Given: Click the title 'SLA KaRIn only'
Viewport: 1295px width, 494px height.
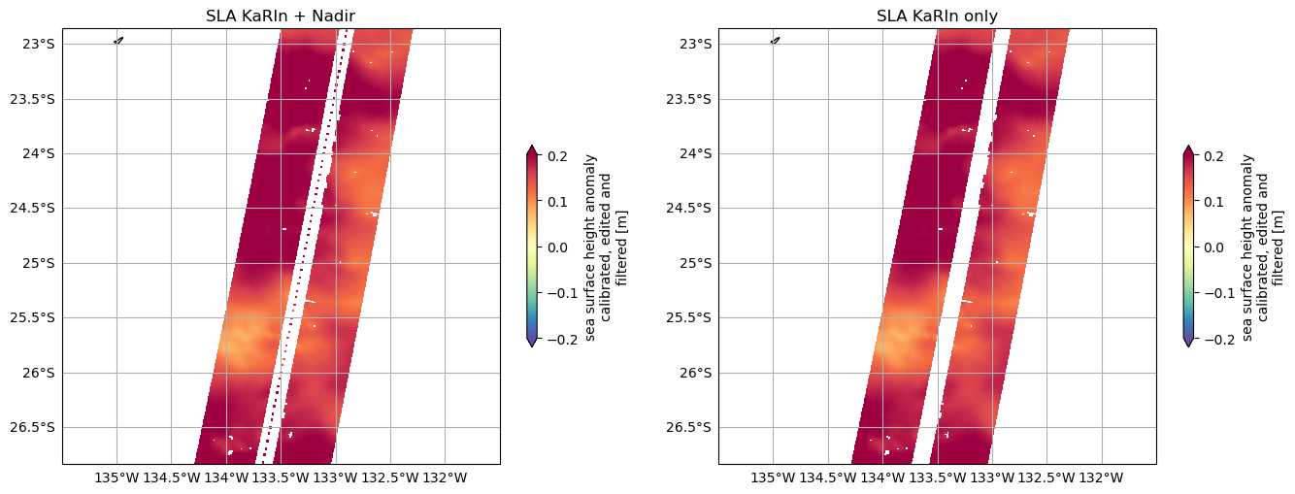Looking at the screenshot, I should click(x=937, y=16).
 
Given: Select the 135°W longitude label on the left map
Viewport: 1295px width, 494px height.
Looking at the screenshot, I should click(x=116, y=478).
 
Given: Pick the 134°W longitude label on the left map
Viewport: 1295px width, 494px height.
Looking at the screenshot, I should click(x=226, y=478).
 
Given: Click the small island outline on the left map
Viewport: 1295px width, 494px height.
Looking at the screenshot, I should click(x=118, y=41).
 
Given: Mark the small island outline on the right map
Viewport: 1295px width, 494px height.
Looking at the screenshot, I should click(x=775, y=41).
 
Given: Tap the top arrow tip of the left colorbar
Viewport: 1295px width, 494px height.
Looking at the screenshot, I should click(x=531, y=148).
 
